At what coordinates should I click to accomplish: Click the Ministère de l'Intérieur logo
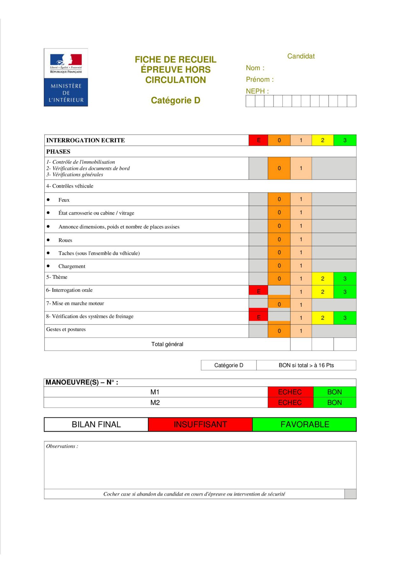(x=66, y=77)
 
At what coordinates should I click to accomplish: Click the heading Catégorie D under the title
(x=175, y=100)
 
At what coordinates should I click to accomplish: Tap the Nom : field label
(x=255, y=68)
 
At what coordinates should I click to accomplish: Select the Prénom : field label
(x=259, y=79)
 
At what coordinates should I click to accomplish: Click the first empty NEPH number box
(x=251, y=101)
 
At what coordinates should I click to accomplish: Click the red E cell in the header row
(x=258, y=140)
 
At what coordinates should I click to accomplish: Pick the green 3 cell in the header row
(x=345, y=140)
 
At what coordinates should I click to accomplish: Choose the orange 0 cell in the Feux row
(x=279, y=199)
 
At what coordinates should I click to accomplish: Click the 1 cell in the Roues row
(x=301, y=239)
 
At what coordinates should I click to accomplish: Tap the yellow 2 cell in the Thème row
(x=323, y=279)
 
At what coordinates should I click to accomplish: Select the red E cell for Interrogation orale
(x=258, y=291)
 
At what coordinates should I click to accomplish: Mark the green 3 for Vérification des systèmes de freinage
(x=345, y=318)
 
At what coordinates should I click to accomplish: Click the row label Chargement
(x=72, y=266)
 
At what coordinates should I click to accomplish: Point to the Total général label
(x=167, y=344)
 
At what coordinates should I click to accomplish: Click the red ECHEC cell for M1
(x=290, y=392)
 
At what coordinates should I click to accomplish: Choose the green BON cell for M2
(x=335, y=402)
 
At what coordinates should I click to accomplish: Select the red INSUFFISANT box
(x=200, y=424)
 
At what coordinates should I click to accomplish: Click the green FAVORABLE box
(x=305, y=424)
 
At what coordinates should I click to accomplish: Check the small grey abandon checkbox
(x=350, y=494)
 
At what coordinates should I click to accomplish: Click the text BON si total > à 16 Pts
(x=306, y=365)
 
